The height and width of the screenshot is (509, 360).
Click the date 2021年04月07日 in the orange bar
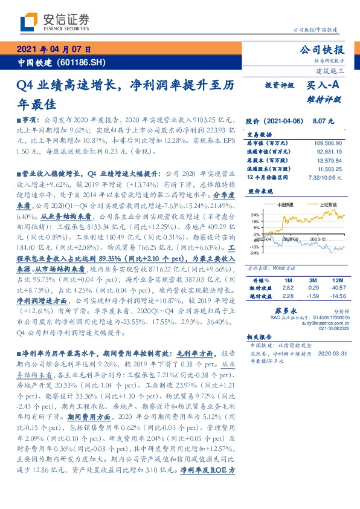coord(54,50)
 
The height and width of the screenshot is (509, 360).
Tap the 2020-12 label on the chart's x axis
coord(318,240)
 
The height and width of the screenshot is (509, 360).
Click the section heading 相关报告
coord(260,337)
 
